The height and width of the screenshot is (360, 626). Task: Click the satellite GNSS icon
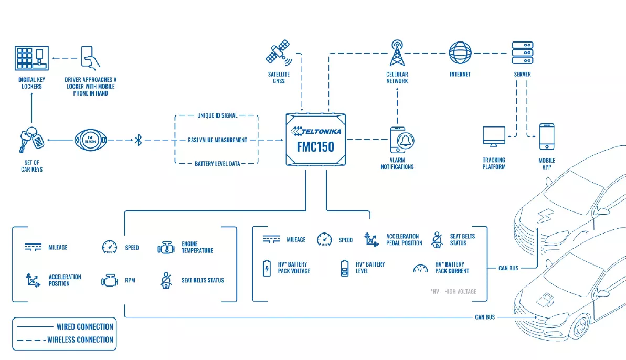278,52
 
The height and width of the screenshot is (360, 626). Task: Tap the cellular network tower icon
397,52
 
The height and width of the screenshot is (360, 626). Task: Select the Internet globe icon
460,52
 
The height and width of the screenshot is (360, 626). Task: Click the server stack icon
522,52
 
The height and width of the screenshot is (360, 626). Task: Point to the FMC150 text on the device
315,147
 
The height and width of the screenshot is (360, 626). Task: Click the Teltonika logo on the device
316,131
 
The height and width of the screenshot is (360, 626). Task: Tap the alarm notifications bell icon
402,140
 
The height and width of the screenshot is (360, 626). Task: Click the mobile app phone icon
547,136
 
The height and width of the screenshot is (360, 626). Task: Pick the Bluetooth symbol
138,140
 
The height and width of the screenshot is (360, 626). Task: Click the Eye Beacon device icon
91,140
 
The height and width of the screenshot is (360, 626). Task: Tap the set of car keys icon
31,140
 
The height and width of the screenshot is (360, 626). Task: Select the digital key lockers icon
31,58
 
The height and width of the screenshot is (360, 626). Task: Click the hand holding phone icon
90,58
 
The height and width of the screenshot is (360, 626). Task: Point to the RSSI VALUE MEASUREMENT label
217,140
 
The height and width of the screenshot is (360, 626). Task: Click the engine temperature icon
166,248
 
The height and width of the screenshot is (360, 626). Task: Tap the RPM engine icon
109,280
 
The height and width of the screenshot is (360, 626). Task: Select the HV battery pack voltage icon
267,268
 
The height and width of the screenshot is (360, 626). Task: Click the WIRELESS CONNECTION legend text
80,340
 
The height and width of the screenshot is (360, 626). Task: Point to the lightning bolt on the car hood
545,216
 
